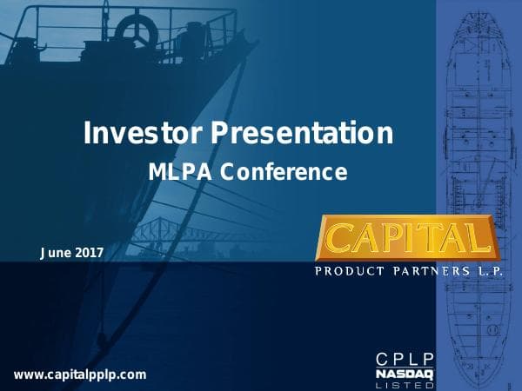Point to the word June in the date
(57, 253)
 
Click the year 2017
(90, 253)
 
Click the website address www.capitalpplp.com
(80, 374)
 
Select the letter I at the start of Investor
(87, 134)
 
